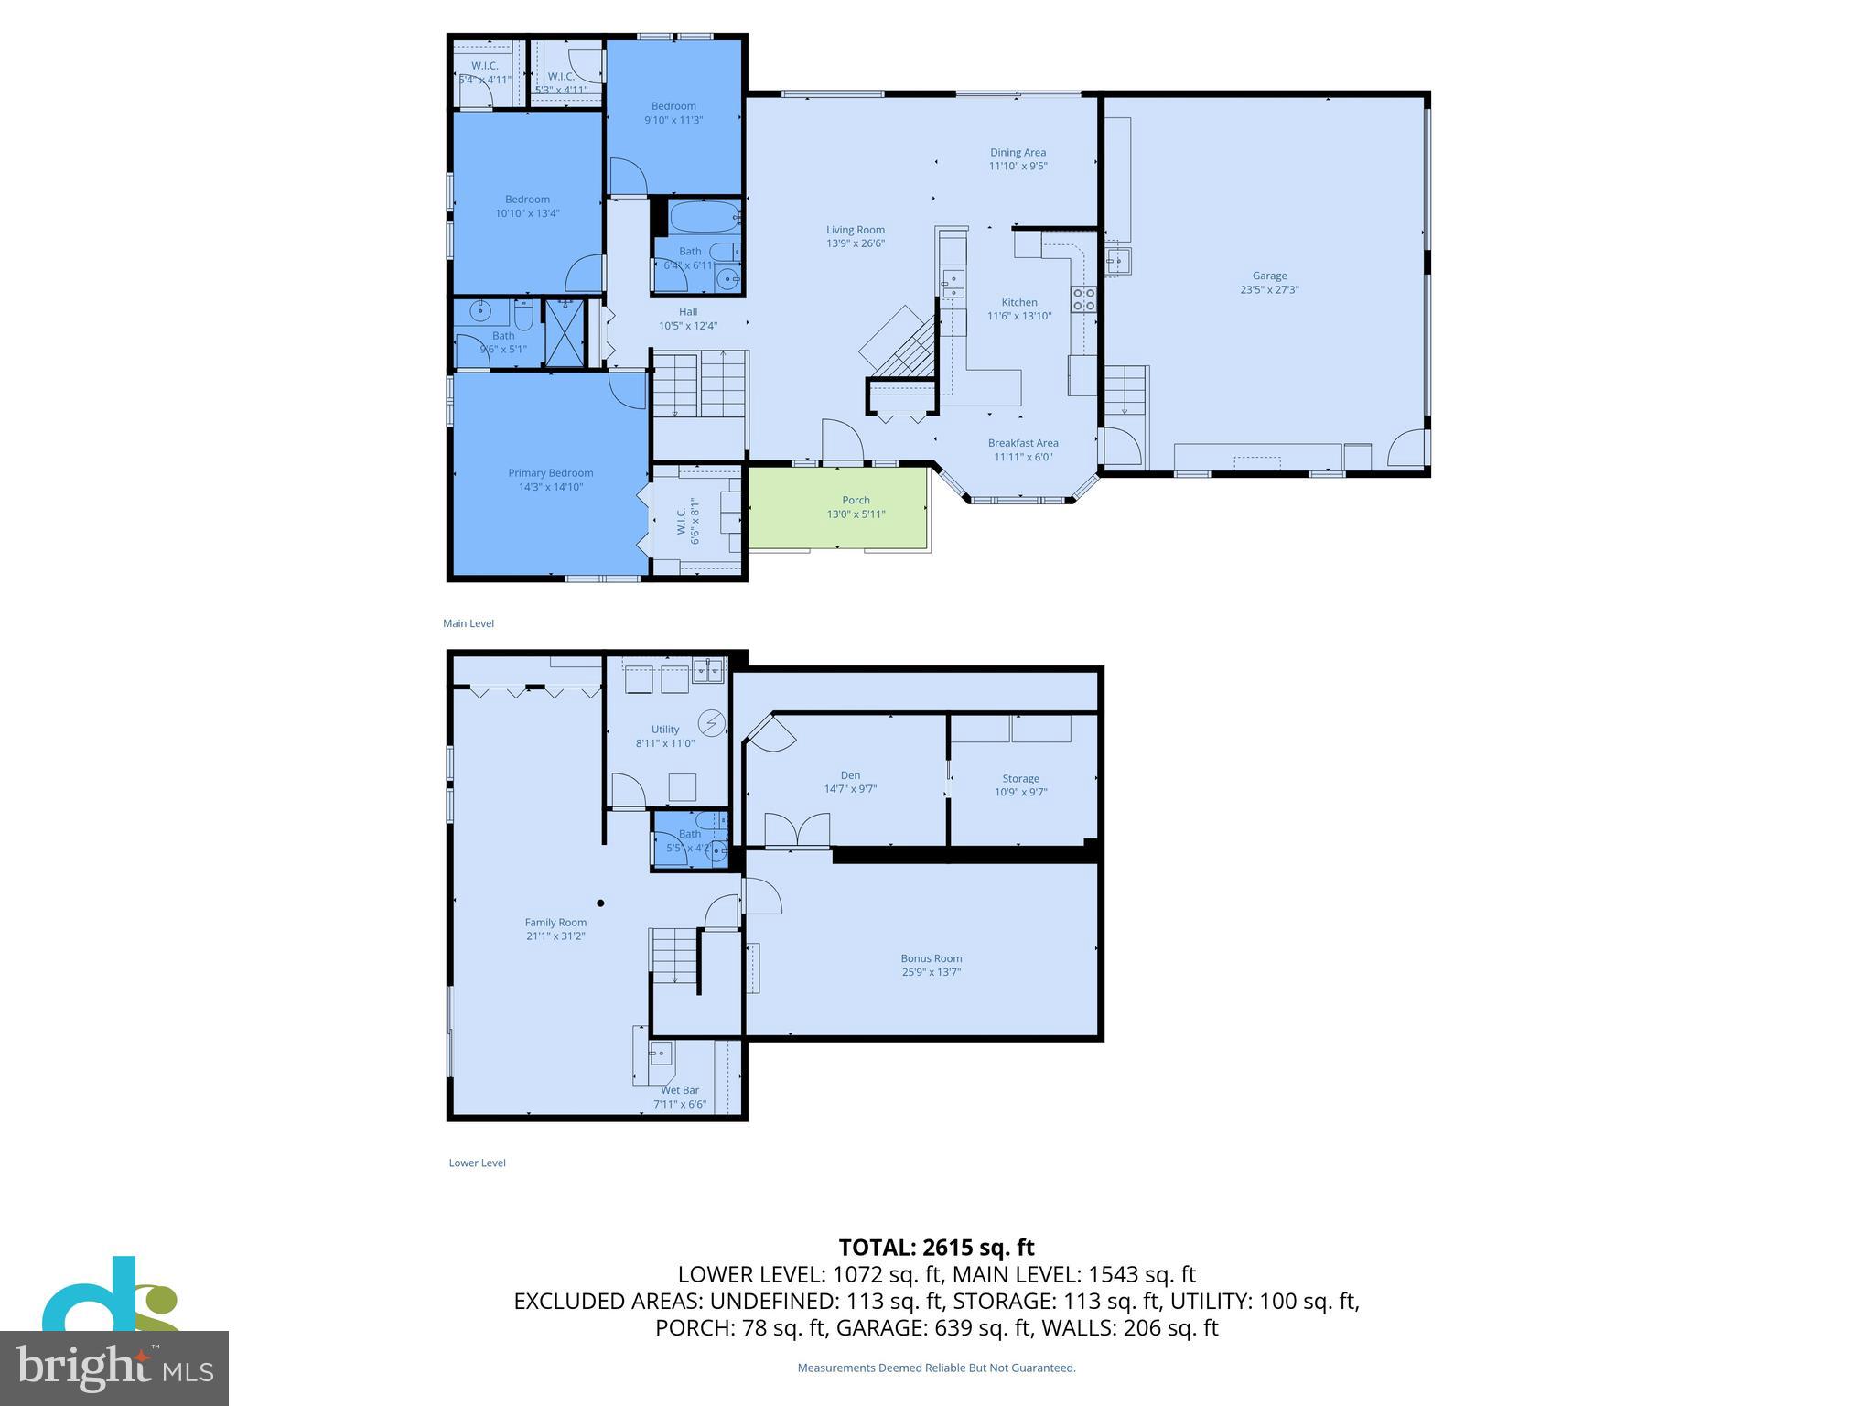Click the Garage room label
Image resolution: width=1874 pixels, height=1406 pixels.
[1269, 276]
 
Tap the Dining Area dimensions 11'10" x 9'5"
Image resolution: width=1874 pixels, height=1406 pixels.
[1018, 167]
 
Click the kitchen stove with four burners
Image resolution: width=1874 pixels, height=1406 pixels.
[1083, 299]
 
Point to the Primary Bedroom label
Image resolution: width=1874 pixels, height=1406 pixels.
[550, 473]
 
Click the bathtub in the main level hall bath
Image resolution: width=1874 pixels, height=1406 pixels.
[704, 218]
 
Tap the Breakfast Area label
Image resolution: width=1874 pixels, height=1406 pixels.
[1023, 443]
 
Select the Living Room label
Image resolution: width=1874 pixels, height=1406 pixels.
[855, 230]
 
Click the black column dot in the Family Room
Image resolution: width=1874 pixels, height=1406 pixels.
[601, 903]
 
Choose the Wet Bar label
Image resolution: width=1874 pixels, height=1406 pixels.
[679, 1090]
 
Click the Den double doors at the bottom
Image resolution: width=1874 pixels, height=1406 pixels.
[797, 829]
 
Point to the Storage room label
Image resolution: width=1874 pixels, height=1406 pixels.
[1020, 778]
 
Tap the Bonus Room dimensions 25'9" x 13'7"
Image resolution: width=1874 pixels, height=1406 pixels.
[931, 972]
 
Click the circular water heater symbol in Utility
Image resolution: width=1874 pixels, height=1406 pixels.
[711, 723]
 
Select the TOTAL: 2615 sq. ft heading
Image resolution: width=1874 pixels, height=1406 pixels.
[936, 1248]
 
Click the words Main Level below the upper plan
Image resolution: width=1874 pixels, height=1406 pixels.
[468, 623]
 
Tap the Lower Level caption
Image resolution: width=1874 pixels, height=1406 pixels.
[477, 1163]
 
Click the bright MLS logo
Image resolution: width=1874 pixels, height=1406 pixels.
[114, 1368]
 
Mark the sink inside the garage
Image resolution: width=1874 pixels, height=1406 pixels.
[1116, 262]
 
